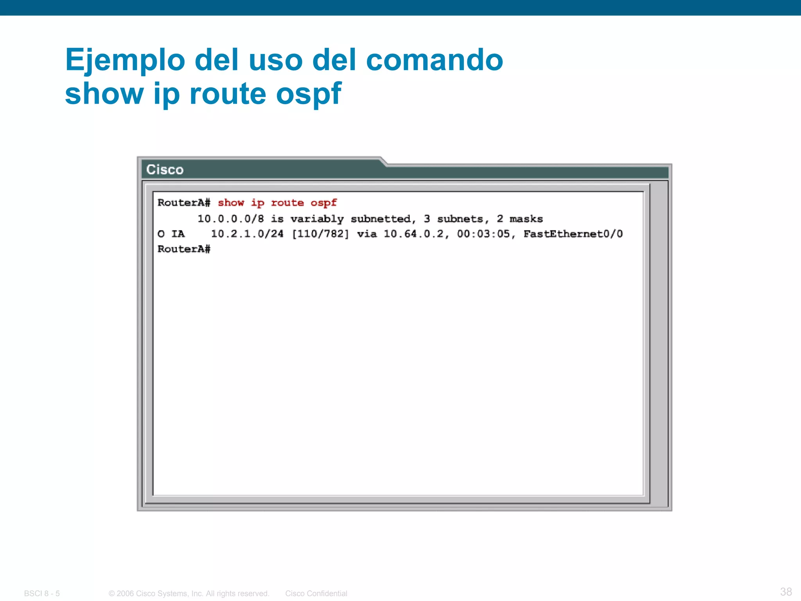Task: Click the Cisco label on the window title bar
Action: pyautogui.click(x=165, y=170)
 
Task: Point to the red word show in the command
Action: pyautogui.click(x=231, y=203)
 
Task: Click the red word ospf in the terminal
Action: pyautogui.click(x=323, y=203)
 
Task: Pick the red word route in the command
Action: pyautogui.click(x=287, y=203)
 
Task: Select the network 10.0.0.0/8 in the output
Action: pyautogui.click(x=230, y=219)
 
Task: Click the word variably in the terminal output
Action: pyautogui.click(x=317, y=219)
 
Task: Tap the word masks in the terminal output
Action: pyautogui.click(x=526, y=219)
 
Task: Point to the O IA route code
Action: pyautogui.click(x=171, y=234)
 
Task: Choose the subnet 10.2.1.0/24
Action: pyautogui.click(x=247, y=234)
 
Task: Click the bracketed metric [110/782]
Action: pyautogui.click(x=320, y=234)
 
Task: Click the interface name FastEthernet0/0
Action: pyautogui.click(x=573, y=234)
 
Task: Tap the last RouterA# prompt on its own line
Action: pyautogui.click(x=184, y=249)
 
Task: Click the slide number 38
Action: pyautogui.click(x=786, y=592)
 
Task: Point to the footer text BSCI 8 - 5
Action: pyautogui.click(x=42, y=594)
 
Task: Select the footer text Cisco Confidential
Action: pyautogui.click(x=316, y=594)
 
